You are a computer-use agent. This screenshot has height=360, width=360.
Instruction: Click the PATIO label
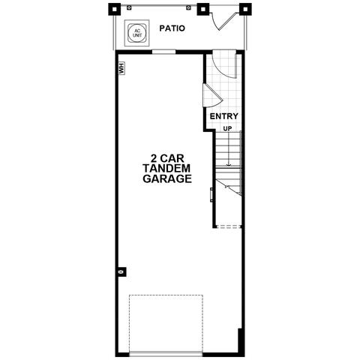point(172,28)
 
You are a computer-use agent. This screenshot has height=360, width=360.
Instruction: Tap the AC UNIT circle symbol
point(136,33)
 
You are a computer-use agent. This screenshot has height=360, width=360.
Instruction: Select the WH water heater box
point(121,68)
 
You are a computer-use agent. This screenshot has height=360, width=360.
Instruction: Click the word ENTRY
point(223,116)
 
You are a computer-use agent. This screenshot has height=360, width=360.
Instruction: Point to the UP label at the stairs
point(227,128)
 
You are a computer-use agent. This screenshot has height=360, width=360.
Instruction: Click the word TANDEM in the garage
point(166,169)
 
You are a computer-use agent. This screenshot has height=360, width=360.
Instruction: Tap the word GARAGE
point(167,178)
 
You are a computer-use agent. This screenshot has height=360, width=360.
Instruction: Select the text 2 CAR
point(167,158)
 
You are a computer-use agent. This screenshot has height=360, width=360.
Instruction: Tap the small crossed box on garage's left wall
point(121,271)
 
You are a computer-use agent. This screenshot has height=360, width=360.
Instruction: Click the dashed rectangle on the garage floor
point(166,324)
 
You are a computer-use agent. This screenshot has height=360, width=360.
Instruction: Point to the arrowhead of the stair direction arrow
point(229,165)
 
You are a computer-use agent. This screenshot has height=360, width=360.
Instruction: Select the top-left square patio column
point(114,10)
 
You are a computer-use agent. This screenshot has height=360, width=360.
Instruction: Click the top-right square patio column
point(245,10)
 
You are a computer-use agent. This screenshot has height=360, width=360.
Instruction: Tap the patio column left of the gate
point(203,10)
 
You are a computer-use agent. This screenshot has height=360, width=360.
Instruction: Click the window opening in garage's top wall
point(163,52)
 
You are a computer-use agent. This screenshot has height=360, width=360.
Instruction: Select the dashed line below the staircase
point(228,226)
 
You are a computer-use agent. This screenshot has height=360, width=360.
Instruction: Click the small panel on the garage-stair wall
point(211,194)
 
